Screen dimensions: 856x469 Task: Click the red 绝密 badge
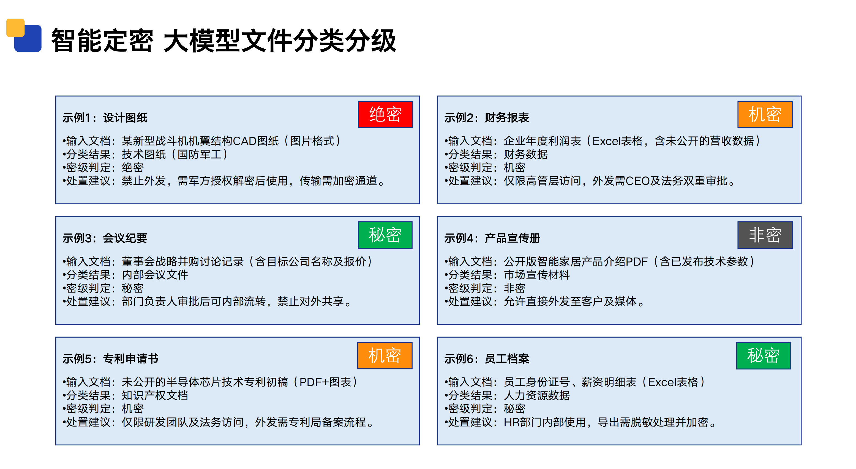[385, 115]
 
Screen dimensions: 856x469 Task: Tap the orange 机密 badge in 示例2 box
[765, 115]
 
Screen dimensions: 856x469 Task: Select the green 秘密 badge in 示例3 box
[385, 235]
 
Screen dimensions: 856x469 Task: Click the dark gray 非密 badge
[765, 235]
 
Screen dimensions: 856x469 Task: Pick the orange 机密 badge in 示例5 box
[385, 355]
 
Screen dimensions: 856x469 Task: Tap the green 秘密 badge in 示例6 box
[764, 355]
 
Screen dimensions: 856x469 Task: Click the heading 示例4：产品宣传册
[492, 238]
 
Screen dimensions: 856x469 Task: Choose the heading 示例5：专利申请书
[111, 359]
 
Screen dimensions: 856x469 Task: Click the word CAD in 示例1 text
[245, 141]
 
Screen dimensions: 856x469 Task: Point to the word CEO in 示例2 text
[637, 181]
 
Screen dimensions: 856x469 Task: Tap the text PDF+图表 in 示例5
[325, 382]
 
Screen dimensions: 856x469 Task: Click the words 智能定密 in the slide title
[102, 40]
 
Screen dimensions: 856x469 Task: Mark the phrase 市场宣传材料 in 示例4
[537, 275]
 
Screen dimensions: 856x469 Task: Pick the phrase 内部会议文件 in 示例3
[155, 275]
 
